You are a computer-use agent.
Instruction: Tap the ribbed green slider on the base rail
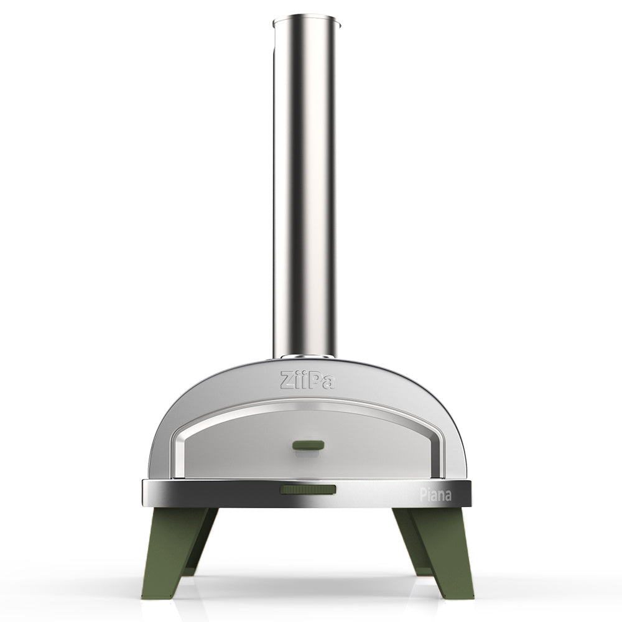307,490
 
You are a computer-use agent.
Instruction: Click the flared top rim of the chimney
307,22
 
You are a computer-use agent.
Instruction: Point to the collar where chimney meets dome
305,358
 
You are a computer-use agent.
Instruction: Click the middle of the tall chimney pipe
305,187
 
